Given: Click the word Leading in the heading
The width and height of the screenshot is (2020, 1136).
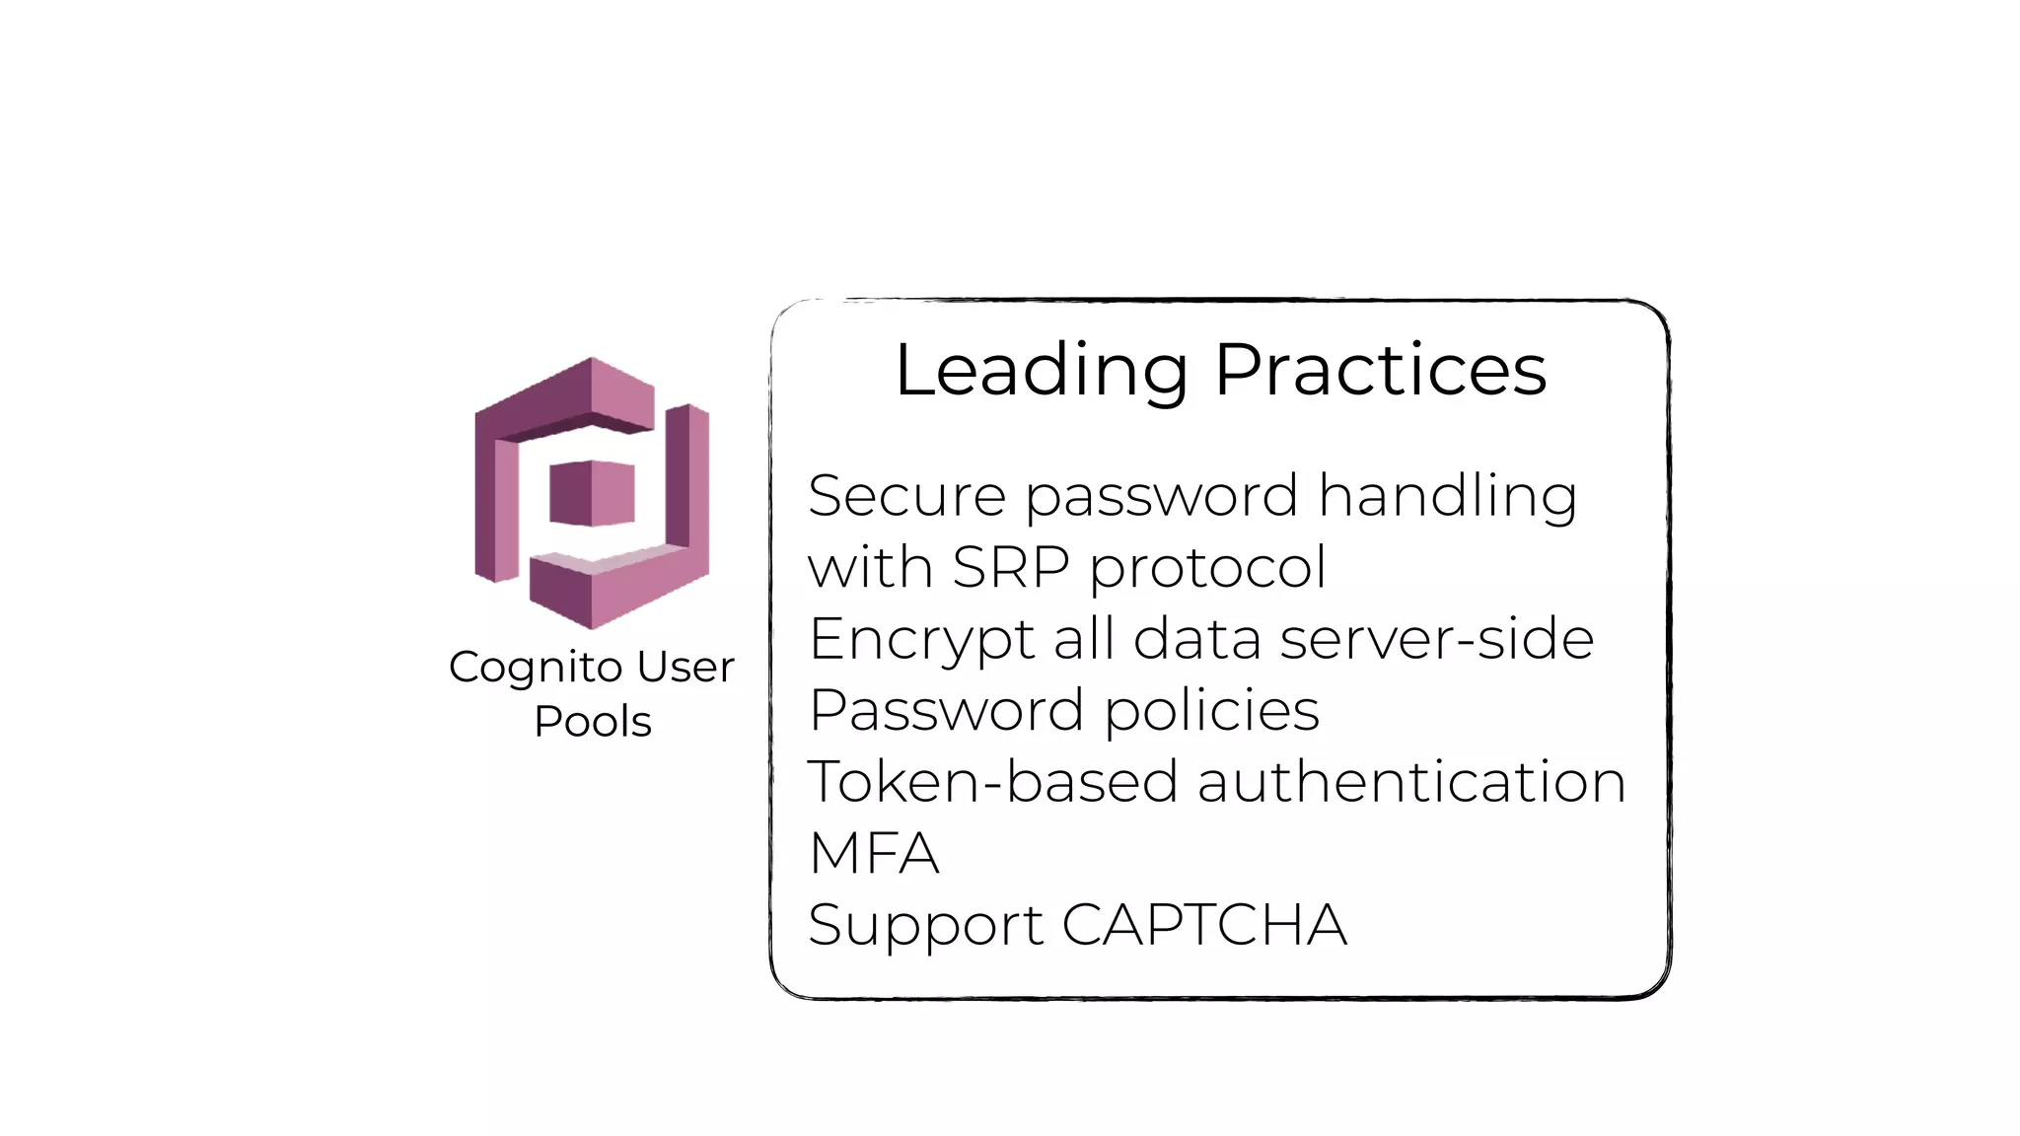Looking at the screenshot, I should pos(1041,371).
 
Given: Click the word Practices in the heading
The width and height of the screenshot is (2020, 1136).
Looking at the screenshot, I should pos(1380,371).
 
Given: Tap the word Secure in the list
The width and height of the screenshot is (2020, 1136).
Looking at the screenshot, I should pos(906,495).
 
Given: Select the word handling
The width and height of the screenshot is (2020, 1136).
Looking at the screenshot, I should pos(1447,495).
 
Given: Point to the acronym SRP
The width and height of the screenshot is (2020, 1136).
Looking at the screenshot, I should pos(1011,567).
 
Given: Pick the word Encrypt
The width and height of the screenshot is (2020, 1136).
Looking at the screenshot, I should pos(921,639).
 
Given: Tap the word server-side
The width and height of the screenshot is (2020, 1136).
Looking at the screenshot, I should pos(1436,638).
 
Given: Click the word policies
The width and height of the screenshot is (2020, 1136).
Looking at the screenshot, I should pos(1211,710).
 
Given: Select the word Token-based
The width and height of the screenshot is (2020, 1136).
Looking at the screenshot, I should pos(992,781).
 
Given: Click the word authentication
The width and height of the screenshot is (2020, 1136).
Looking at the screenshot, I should pos(1410,781).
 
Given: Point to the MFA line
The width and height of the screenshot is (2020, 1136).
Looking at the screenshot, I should pos(874,853).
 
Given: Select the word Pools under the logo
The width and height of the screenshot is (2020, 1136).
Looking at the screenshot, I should pos(593,722).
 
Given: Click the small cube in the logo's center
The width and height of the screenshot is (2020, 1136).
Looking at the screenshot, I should pos(592,492).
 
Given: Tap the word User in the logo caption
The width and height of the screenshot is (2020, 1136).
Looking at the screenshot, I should pos(685,667).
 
